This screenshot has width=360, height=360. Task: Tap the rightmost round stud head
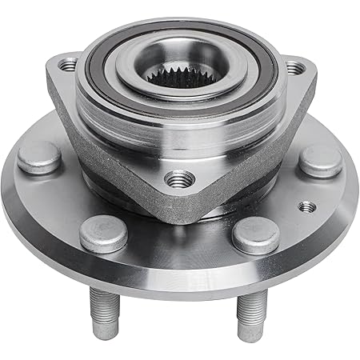click(x=320, y=159)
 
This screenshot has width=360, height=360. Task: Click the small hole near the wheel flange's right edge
click(x=306, y=206)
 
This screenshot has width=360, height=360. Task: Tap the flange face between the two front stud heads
click(x=178, y=240)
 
